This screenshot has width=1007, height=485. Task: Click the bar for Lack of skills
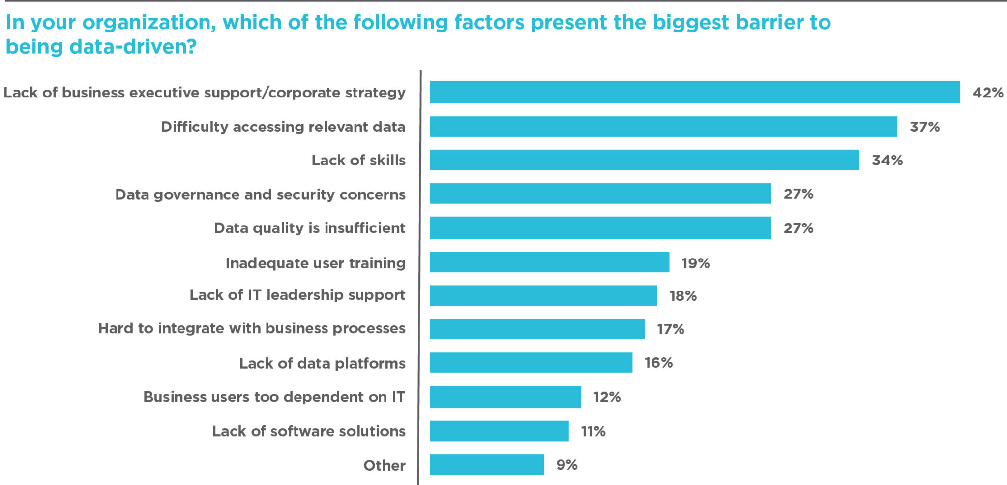[x=644, y=160]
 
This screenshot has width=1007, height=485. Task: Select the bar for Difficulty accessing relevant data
[x=663, y=127]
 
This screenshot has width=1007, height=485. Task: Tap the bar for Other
[x=487, y=464]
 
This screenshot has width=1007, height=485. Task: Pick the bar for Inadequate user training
[x=549, y=262]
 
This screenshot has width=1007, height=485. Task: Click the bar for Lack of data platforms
[x=531, y=362]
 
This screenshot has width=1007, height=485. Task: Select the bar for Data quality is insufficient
[x=600, y=227]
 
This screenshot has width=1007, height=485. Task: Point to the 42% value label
[x=987, y=93]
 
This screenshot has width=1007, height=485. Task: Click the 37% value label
[x=924, y=127]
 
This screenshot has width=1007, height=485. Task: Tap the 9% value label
[x=566, y=465]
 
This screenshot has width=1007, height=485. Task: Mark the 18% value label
[x=683, y=296]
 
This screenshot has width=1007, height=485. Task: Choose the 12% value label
[x=607, y=397]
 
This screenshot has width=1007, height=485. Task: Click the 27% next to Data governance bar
[x=798, y=194]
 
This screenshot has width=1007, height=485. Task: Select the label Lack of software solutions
[x=309, y=431]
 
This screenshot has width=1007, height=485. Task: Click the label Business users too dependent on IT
[x=274, y=397]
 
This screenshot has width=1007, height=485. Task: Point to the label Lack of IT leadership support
[x=297, y=295]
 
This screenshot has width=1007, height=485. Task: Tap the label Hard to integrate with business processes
[x=252, y=328]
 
